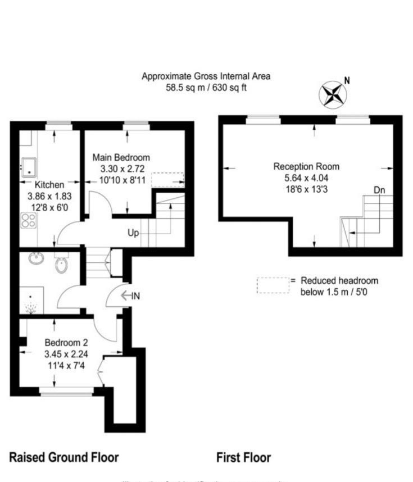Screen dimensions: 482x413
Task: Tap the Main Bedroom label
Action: coord(121,157)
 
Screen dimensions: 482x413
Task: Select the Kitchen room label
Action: coord(50,184)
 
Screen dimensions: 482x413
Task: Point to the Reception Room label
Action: coord(306,167)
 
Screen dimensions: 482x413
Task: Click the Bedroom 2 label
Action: coord(66,343)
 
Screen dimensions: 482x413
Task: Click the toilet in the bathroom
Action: coord(62,264)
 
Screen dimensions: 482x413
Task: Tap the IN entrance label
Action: coord(135,296)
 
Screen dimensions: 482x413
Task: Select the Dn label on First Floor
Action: coord(380,190)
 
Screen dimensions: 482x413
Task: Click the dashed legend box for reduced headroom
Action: coord(273,285)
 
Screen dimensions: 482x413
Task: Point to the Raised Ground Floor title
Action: coord(64,457)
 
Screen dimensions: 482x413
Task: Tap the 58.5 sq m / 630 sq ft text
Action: coord(206,88)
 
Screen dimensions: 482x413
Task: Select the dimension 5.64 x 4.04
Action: coord(306,178)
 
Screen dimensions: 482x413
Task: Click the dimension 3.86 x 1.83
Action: coord(50,197)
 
